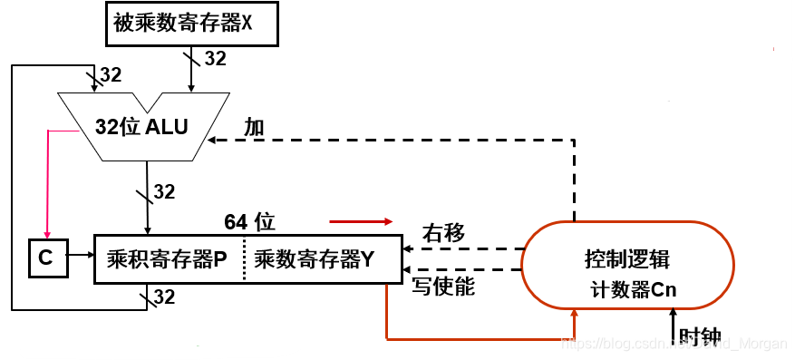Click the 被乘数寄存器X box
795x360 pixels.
(x=186, y=24)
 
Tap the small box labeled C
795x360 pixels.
(x=46, y=258)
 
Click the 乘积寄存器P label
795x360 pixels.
(x=166, y=258)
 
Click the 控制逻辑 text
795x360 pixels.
(x=626, y=258)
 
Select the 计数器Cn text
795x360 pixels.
(x=634, y=290)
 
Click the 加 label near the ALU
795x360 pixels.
(x=254, y=127)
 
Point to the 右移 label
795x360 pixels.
(x=443, y=233)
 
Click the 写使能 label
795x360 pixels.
(x=444, y=287)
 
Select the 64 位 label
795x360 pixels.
(x=249, y=221)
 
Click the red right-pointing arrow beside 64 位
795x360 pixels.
(x=362, y=220)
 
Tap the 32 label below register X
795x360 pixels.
(x=215, y=59)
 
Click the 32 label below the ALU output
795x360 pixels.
(x=164, y=191)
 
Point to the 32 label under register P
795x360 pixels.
(x=163, y=297)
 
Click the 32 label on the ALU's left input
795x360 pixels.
(x=110, y=75)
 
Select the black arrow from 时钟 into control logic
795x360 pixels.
(x=672, y=322)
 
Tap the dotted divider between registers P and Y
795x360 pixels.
(x=244, y=258)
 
